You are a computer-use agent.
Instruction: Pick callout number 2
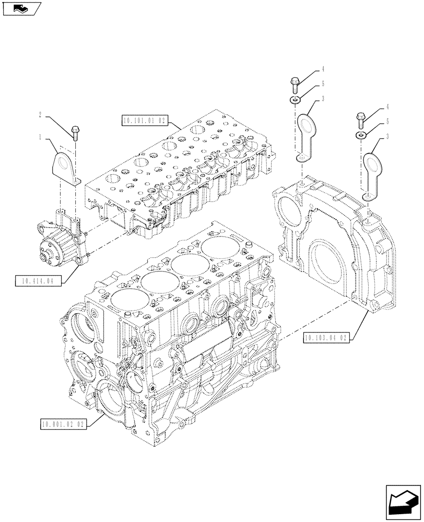click(x=40, y=113)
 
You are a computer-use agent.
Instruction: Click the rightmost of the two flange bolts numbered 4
click(x=360, y=118)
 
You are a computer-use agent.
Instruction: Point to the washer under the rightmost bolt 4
click(x=361, y=135)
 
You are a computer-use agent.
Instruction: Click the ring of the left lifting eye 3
click(x=304, y=126)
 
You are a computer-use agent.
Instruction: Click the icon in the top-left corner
click(x=21, y=8)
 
